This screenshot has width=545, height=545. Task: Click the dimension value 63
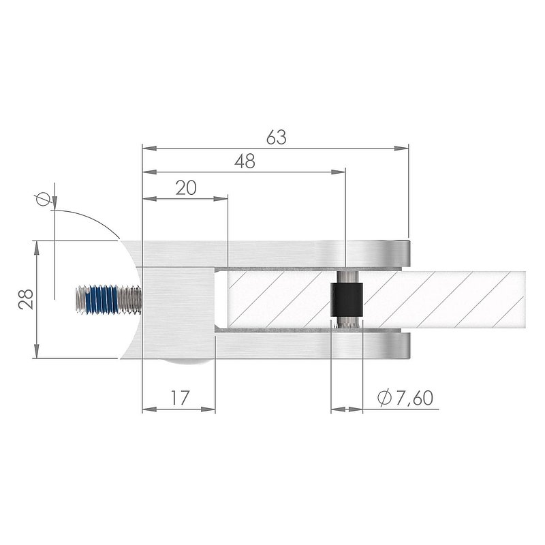coord(277,138)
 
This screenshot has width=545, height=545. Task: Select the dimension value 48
coord(245,161)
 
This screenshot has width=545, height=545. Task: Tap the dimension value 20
coord(186,188)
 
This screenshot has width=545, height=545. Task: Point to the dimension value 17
coord(180,398)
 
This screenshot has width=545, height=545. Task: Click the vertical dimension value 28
coord(26,299)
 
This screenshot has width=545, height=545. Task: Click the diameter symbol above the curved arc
coord(43,199)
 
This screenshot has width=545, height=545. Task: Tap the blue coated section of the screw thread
coord(104,300)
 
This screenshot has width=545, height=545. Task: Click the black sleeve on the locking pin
coord(347,300)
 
